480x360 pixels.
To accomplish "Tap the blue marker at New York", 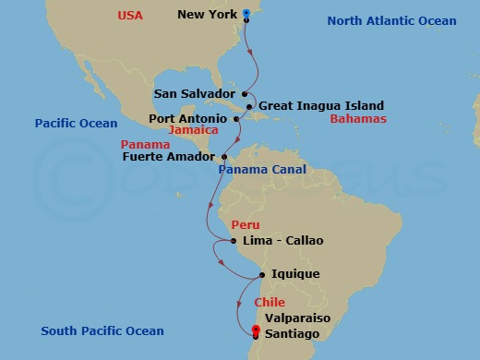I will pyautogui.click(x=246, y=15).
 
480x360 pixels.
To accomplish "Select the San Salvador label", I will pyautogui.click(x=195, y=93).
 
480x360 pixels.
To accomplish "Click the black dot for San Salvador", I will pyautogui.click(x=245, y=93).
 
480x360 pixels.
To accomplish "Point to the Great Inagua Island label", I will pyautogui.click(x=320, y=106).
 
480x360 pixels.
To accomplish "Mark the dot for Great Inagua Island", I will pyautogui.click(x=250, y=106).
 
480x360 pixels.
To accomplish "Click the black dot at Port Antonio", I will pyautogui.click(x=236, y=119).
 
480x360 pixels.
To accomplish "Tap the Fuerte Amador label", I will pyautogui.click(x=167, y=157).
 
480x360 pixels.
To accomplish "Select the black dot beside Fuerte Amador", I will pyautogui.click(x=222, y=157).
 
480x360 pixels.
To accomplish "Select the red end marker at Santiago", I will pyautogui.click(x=256, y=335).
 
